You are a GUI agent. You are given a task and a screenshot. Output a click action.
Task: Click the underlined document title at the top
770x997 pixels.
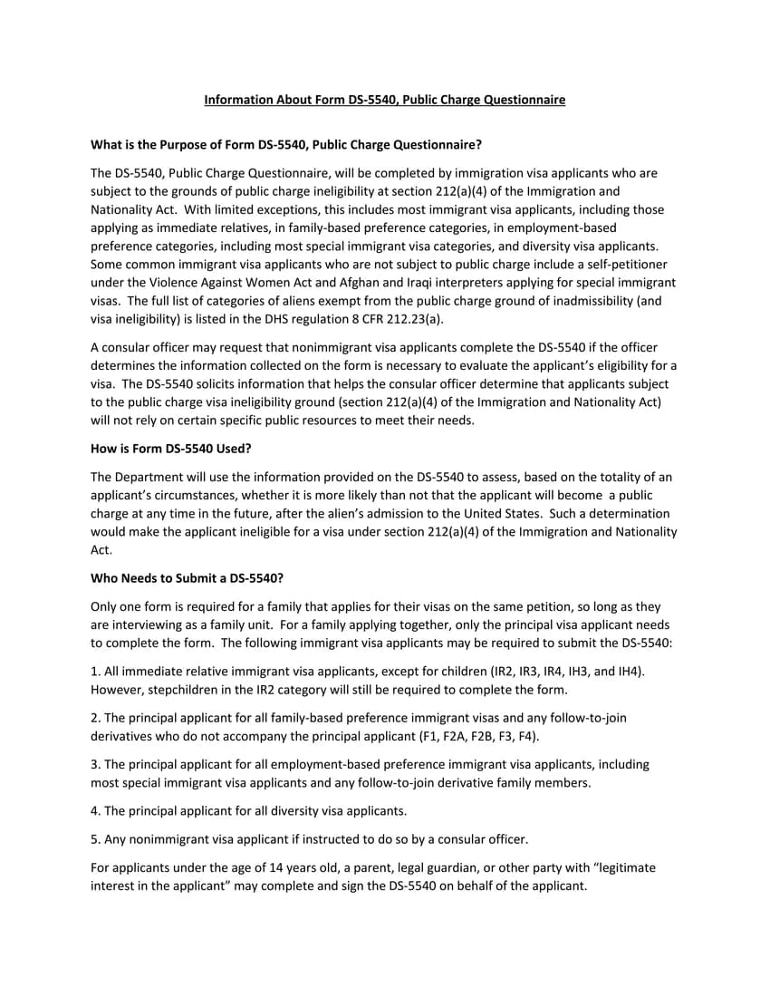384,100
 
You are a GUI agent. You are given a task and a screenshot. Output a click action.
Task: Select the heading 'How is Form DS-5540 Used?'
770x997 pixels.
171,448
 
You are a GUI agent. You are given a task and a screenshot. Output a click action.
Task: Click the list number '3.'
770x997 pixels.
95,765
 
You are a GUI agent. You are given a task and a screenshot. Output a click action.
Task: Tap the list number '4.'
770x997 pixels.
95,810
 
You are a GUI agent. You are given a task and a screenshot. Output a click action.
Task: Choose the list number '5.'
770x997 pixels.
95,838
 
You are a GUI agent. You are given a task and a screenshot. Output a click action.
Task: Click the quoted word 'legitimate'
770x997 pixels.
626,867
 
